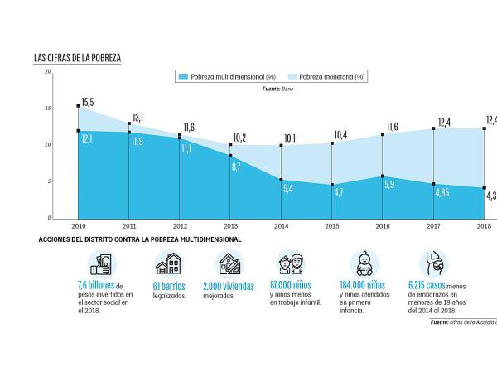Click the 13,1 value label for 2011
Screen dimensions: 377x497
pyautogui.click(x=137, y=118)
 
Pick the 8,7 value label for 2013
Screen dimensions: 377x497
pyautogui.click(x=236, y=167)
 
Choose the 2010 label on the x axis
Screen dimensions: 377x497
pyautogui.click(x=79, y=225)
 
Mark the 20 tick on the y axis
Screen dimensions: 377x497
pyautogui.click(x=49, y=72)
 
